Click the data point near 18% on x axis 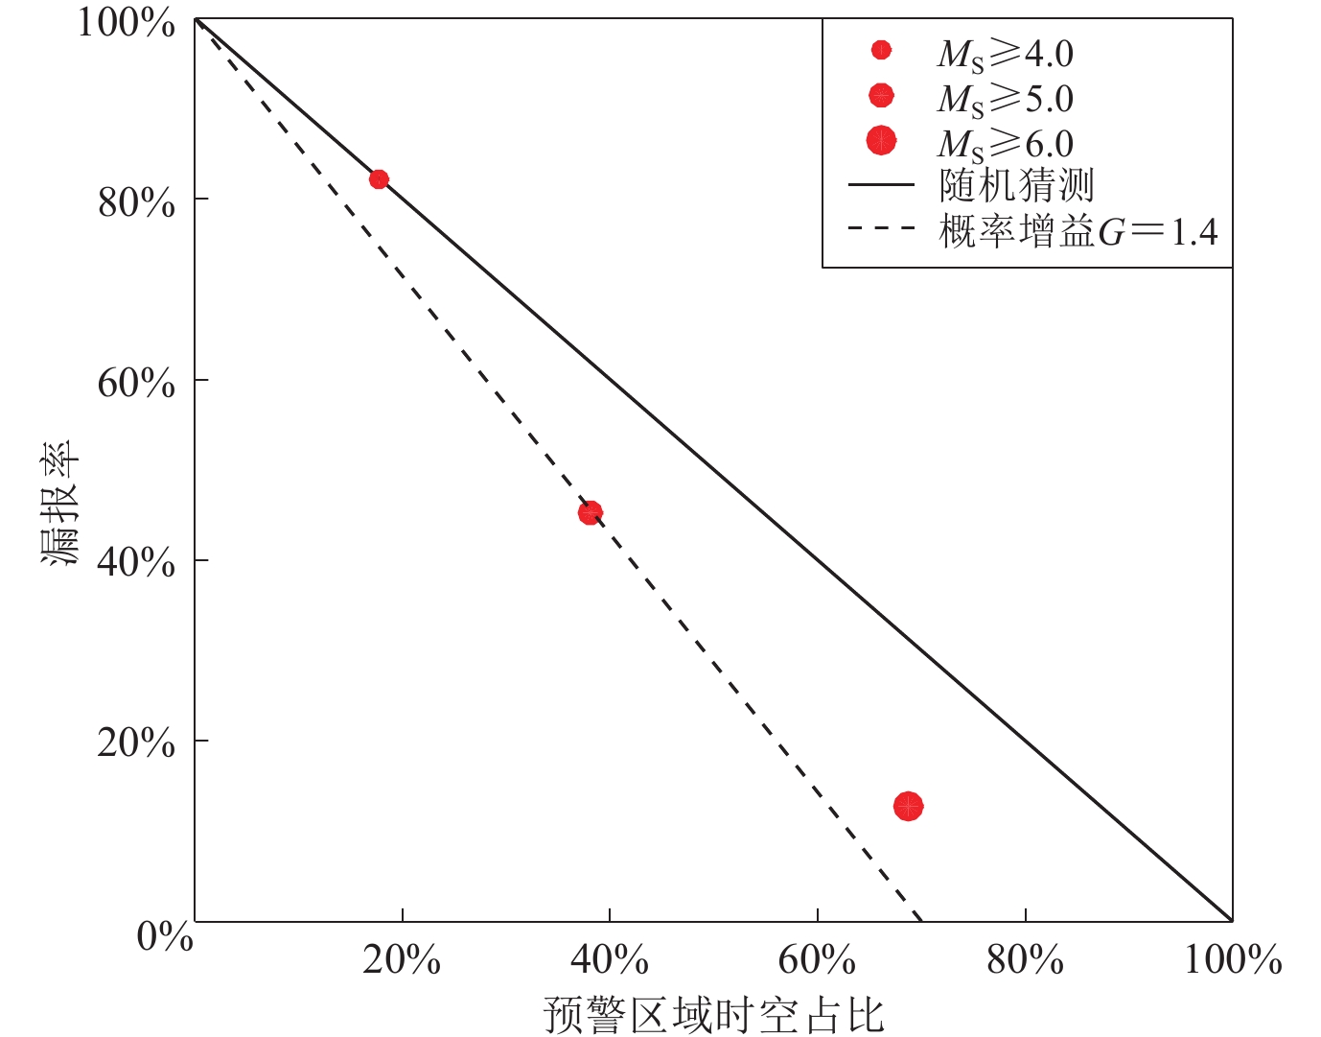[379, 179]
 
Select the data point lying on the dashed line [591, 513]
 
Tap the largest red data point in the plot [908, 807]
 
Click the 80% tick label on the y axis [136, 202]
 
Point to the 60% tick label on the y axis [136, 383]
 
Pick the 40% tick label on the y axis [136, 562]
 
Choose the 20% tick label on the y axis [136, 742]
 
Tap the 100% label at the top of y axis [126, 23]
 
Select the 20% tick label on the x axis [402, 960]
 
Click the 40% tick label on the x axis [610, 960]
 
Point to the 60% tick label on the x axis [817, 960]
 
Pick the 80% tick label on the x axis [1025, 960]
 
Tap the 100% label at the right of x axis [1233, 960]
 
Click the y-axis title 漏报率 [59, 504]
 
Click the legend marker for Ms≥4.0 [881, 50]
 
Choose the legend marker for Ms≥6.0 [881, 141]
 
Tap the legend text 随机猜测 [1016, 185]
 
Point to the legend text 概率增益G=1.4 [1078, 231]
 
